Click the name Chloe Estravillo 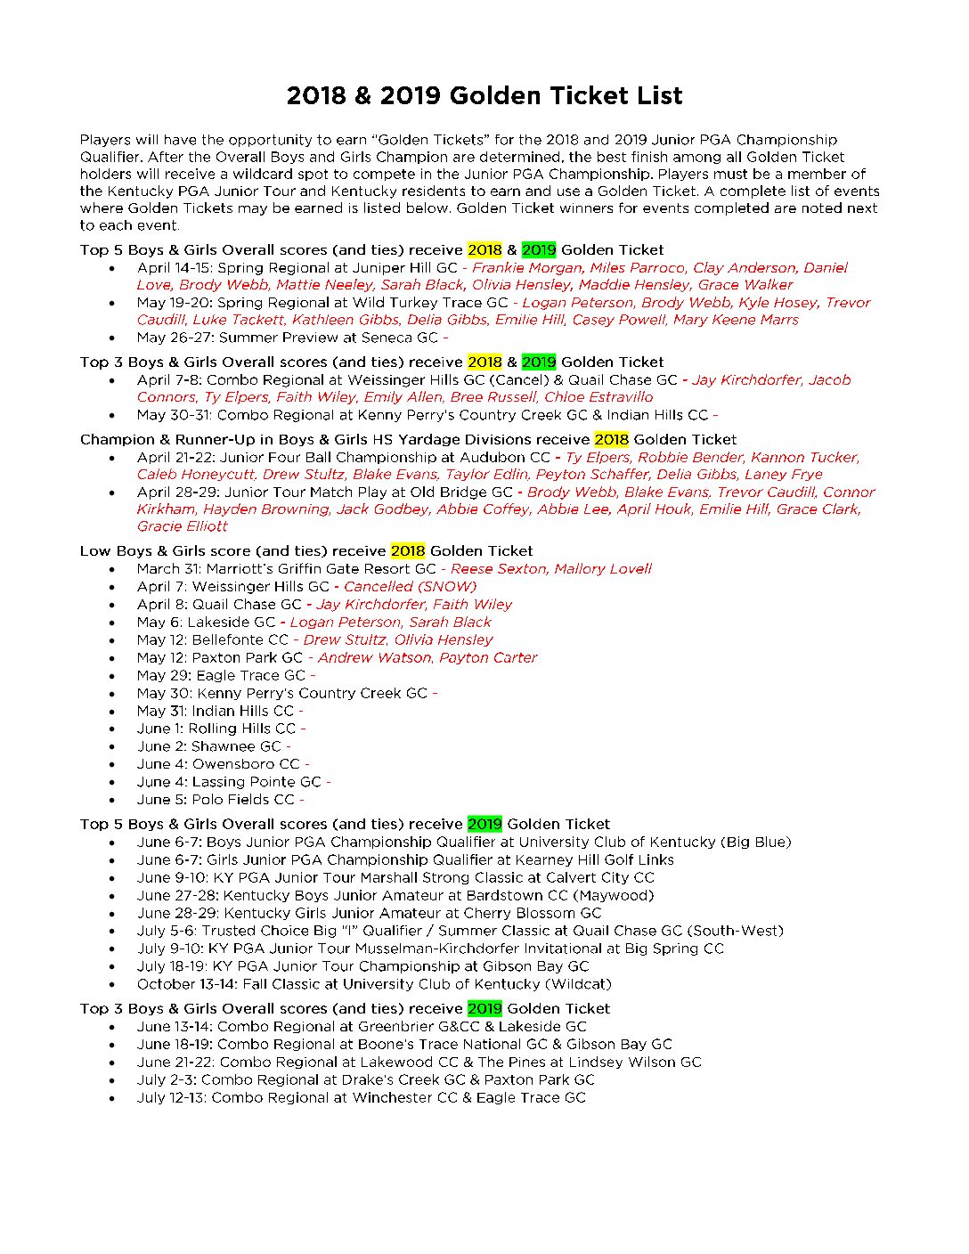pyautogui.click(x=598, y=397)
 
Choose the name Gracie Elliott pyautogui.click(x=182, y=526)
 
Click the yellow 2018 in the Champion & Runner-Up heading pyautogui.click(x=611, y=439)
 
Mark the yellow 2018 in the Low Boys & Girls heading pyautogui.click(x=407, y=550)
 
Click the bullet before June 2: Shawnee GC pyautogui.click(x=111, y=747)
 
